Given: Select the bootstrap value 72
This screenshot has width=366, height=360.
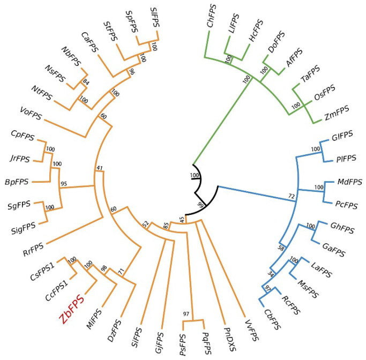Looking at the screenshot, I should coord(293,198).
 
